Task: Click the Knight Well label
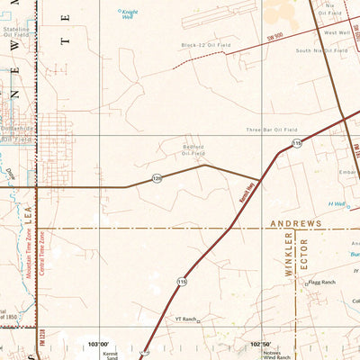coord(130,13)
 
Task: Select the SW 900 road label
coord(275,35)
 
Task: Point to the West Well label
coord(337,32)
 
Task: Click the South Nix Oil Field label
coord(321,50)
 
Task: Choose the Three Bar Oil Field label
coord(272,130)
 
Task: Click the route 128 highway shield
coord(157,177)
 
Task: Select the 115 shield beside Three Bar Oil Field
coord(296,143)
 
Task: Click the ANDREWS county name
coord(294,222)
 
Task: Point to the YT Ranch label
coord(185,319)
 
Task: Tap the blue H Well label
coord(337,204)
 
